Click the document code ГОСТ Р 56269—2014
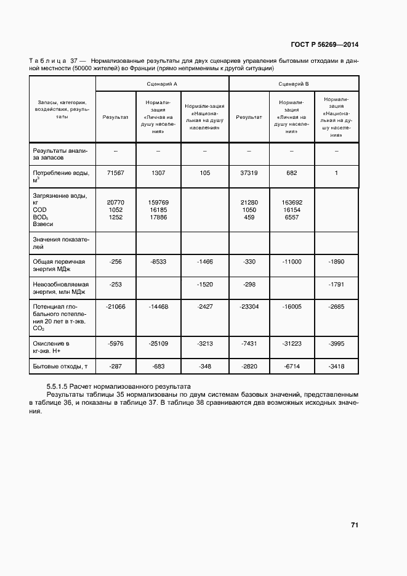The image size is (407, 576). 324,44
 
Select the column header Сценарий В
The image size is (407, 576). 294,83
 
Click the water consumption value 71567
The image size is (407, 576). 115,173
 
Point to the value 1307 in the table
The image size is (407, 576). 158,173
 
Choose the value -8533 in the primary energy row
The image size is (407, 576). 158,262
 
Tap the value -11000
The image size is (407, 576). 291,262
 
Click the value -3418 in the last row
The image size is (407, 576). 336,367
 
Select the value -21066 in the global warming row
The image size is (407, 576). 115,306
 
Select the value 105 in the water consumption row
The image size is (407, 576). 205,173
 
